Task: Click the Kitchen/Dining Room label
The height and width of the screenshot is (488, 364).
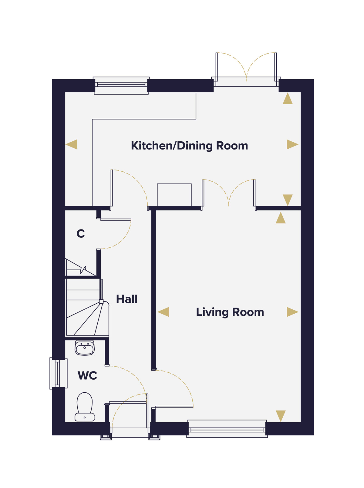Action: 189,146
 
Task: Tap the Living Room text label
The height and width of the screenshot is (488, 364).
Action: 230,312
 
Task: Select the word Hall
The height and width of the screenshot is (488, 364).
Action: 126,299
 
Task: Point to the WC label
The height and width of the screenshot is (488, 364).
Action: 87,375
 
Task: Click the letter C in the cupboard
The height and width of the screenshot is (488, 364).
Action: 81,233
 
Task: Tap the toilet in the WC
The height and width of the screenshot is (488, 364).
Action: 85,407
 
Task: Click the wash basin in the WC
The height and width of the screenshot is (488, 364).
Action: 85,348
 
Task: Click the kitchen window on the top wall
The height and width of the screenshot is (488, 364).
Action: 121,86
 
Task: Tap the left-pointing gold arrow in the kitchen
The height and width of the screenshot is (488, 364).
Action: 71,144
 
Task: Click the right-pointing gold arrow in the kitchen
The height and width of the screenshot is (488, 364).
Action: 292,144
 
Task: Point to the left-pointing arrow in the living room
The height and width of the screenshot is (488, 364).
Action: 163,312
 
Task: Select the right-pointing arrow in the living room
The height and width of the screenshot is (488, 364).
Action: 292,312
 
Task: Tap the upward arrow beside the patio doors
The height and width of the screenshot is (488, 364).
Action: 288,98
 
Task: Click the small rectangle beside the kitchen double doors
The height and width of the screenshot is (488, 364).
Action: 174,195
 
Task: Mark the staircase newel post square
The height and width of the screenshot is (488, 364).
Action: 101,302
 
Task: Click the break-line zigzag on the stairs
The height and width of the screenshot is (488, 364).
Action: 83,270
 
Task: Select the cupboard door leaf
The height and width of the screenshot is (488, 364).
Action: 116,219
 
